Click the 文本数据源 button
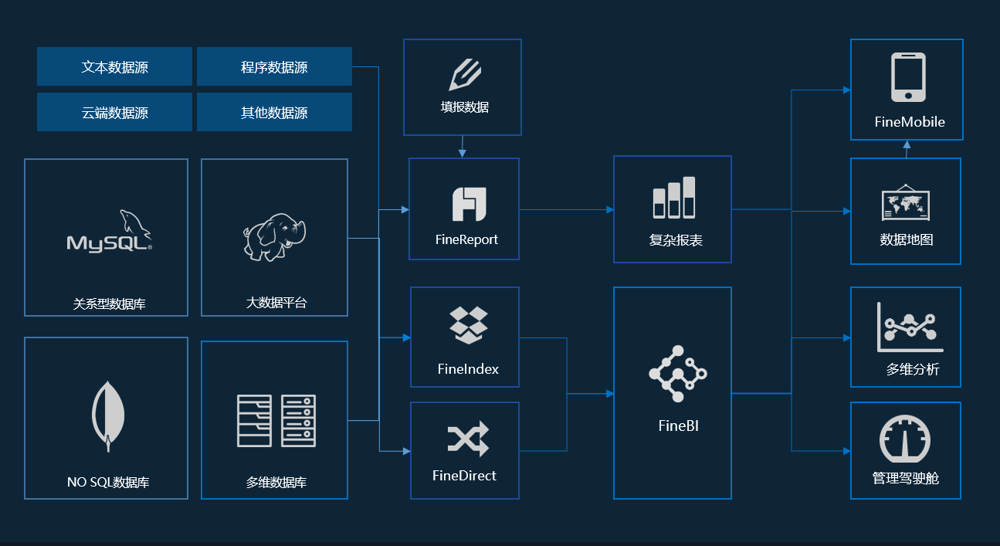point(114,67)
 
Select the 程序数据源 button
point(274,67)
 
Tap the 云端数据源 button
point(114,113)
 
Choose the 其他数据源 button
point(274,113)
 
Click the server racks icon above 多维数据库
point(276,420)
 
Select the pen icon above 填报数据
point(464,75)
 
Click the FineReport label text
point(466,239)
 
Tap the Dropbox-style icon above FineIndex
point(468,325)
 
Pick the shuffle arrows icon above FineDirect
point(468,439)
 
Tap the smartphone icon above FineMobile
point(908,77)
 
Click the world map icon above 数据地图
point(906,202)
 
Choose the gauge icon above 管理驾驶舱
point(905,440)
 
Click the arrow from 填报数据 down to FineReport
point(462,147)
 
